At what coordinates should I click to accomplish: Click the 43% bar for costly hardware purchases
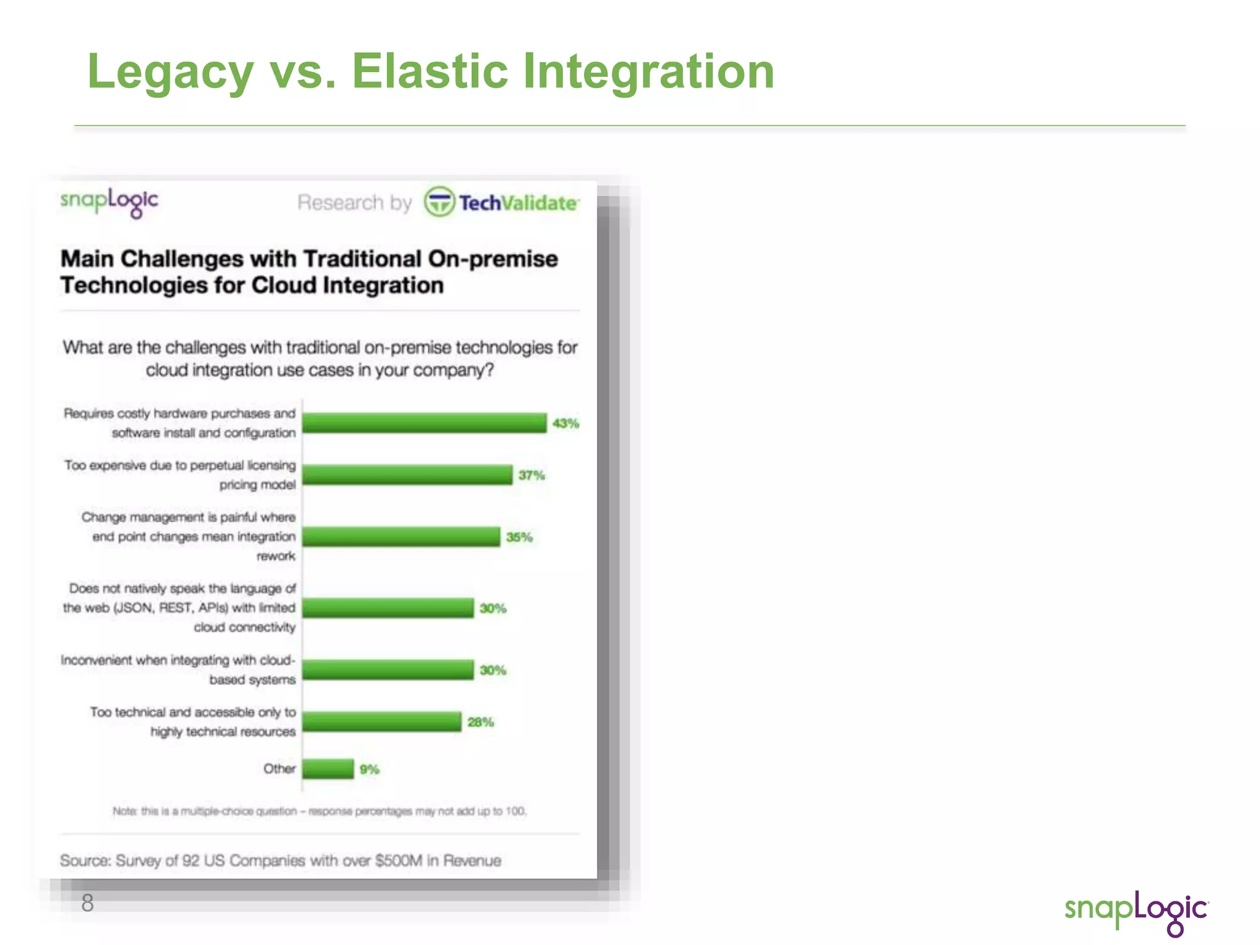pos(425,423)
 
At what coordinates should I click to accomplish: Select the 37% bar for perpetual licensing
pos(407,475)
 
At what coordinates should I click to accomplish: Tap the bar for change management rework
pos(401,536)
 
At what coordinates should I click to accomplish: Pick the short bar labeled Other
pos(328,769)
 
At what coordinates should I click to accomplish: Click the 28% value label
pos(480,722)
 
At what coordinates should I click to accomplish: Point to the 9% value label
pos(369,770)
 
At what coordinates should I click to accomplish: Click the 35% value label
pos(519,537)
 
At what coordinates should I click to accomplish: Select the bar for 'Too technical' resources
pos(381,722)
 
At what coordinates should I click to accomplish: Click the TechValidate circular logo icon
pos(439,202)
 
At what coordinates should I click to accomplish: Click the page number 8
pos(87,903)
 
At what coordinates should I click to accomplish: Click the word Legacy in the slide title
pos(170,71)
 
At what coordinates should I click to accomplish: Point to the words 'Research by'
pos(354,202)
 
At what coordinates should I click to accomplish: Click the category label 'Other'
pos(279,769)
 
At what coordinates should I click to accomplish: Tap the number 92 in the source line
pos(191,861)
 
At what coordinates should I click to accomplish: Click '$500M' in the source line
pos(399,861)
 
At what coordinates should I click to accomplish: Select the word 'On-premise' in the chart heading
pos(493,259)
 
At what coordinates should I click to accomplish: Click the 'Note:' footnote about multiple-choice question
pos(319,811)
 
